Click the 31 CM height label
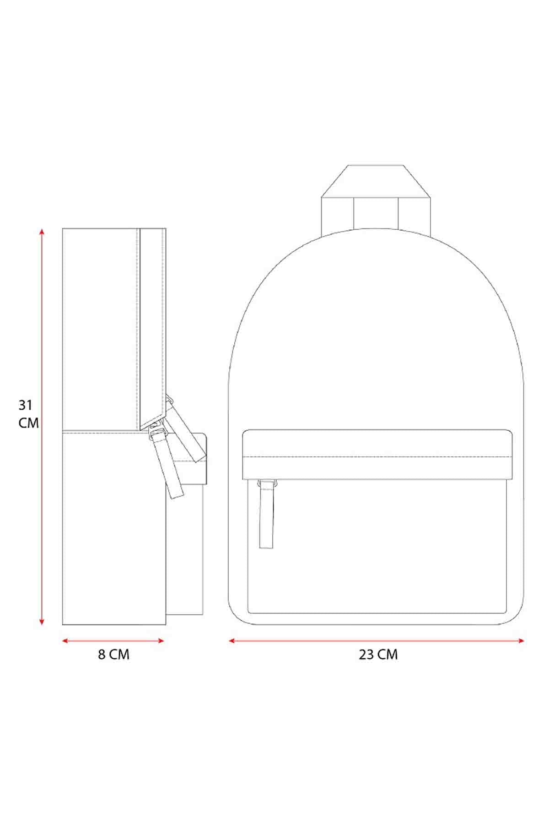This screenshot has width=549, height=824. [x=28, y=414]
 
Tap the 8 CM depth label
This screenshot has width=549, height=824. [x=113, y=655]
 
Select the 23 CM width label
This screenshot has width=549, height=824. [x=378, y=655]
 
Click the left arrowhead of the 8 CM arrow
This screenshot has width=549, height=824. [x=65, y=641]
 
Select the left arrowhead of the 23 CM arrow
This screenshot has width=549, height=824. [x=232, y=641]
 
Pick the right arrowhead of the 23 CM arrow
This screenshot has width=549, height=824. [x=521, y=641]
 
